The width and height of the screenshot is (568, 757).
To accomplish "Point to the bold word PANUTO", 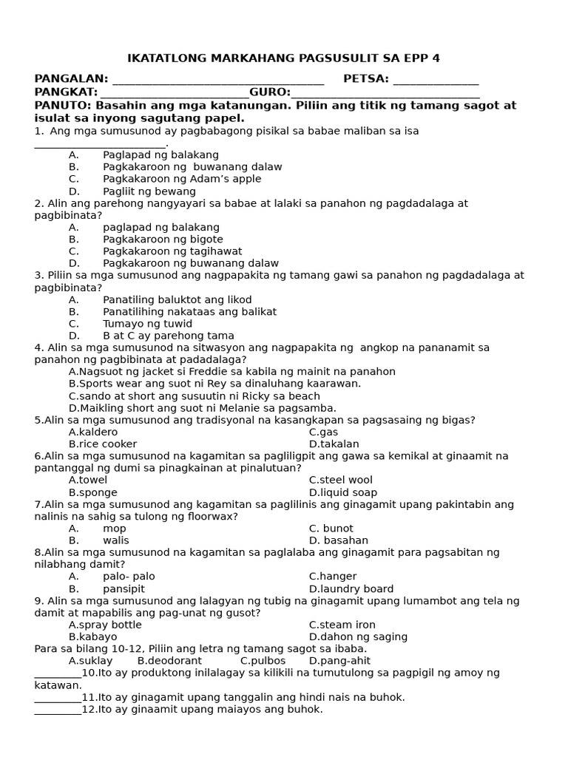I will (65, 106).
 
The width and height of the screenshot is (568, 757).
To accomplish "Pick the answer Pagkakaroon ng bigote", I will (163, 240).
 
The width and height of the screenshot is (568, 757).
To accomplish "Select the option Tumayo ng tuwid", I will (147, 324).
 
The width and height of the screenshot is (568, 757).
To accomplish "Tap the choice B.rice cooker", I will (103, 444).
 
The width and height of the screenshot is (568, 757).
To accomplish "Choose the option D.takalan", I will (334, 444).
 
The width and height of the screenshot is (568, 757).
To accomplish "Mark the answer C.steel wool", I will (340, 481).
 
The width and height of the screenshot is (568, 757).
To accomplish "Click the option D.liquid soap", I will (342, 492).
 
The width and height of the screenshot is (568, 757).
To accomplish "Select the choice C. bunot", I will (331, 529).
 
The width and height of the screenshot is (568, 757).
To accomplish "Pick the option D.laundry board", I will (351, 589).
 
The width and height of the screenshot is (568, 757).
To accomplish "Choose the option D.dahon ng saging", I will (358, 637).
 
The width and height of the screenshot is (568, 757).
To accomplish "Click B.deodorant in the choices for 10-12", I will (169, 661).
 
